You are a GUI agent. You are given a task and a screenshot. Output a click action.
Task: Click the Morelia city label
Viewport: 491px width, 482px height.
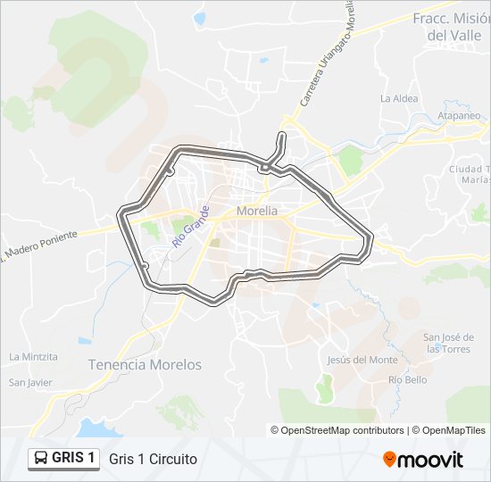pyautogui.click(x=258, y=212)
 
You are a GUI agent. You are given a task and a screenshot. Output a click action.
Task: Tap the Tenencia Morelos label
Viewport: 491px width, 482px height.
pyautogui.click(x=145, y=364)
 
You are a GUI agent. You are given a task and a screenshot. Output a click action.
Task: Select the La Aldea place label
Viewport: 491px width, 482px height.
pyautogui.click(x=398, y=98)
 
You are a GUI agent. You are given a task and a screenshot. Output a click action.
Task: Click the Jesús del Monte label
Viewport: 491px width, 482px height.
pyautogui.click(x=362, y=360)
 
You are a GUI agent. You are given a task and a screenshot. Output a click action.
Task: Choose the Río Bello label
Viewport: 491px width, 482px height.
pyautogui.click(x=407, y=379)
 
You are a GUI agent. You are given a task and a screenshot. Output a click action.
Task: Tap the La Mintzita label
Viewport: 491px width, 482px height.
pyautogui.click(x=33, y=356)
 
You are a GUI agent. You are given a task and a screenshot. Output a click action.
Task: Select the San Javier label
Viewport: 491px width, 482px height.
pyautogui.click(x=30, y=383)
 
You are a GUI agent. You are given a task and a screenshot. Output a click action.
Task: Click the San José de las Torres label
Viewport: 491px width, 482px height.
pyautogui.click(x=448, y=343)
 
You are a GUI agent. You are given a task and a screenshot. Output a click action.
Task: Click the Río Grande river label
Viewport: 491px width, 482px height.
pyautogui.click(x=190, y=227)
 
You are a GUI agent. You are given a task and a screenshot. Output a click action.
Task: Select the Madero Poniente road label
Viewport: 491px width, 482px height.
pyautogui.click(x=40, y=242)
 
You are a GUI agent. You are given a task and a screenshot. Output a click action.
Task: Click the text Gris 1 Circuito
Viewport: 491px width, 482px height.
pyautogui.click(x=153, y=459)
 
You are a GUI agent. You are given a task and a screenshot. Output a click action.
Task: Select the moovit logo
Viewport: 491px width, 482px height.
pyautogui.click(x=423, y=459)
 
